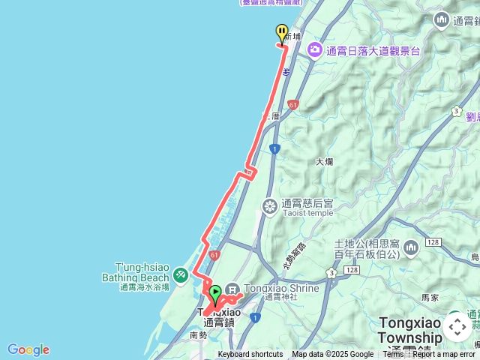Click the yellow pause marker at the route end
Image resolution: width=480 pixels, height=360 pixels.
click(282, 33)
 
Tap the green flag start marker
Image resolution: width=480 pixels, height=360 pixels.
click(215, 293)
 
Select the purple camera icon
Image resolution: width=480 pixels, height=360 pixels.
click(315, 50)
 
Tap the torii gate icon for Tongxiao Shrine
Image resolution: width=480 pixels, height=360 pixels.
click(232, 289)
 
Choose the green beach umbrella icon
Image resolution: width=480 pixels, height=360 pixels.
click(181, 276)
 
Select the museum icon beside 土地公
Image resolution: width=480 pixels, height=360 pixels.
click(410, 247)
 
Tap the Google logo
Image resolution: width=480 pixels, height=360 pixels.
click(28, 349)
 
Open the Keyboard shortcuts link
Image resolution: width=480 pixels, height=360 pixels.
click(250, 355)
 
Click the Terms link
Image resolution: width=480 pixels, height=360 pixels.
click(393, 355)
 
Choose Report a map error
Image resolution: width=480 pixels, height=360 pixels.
click(445, 355)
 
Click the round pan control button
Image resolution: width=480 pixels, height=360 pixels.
click(457, 327)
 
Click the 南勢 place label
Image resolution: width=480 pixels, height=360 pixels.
click(198, 335)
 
